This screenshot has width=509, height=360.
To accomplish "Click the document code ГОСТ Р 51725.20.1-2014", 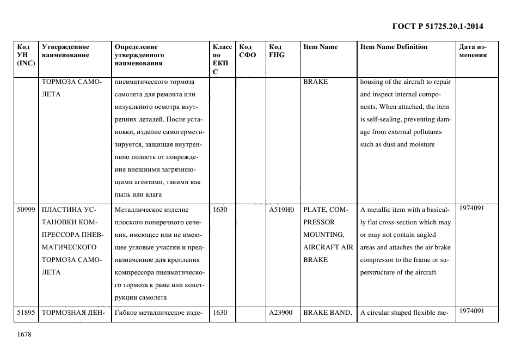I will click(438, 26).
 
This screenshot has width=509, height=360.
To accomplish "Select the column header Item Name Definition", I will click(394, 47).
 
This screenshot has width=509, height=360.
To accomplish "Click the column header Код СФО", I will click(248, 51).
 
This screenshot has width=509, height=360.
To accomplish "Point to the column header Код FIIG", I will click(277, 51).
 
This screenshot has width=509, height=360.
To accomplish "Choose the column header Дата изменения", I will click(472, 51).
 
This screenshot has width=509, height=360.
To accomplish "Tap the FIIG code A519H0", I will click(281, 210).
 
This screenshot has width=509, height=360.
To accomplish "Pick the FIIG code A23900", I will click(281, 313).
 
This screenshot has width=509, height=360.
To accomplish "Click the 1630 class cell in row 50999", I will click(220, 210).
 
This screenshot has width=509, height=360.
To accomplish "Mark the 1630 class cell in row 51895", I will click(220, 313).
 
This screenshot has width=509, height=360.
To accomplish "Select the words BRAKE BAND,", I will click(328, 313).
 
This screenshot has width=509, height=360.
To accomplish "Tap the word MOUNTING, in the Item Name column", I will click(323, 235).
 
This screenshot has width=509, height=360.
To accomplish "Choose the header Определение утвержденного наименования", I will click(139, 55).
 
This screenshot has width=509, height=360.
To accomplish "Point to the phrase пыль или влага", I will click(139, 194).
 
